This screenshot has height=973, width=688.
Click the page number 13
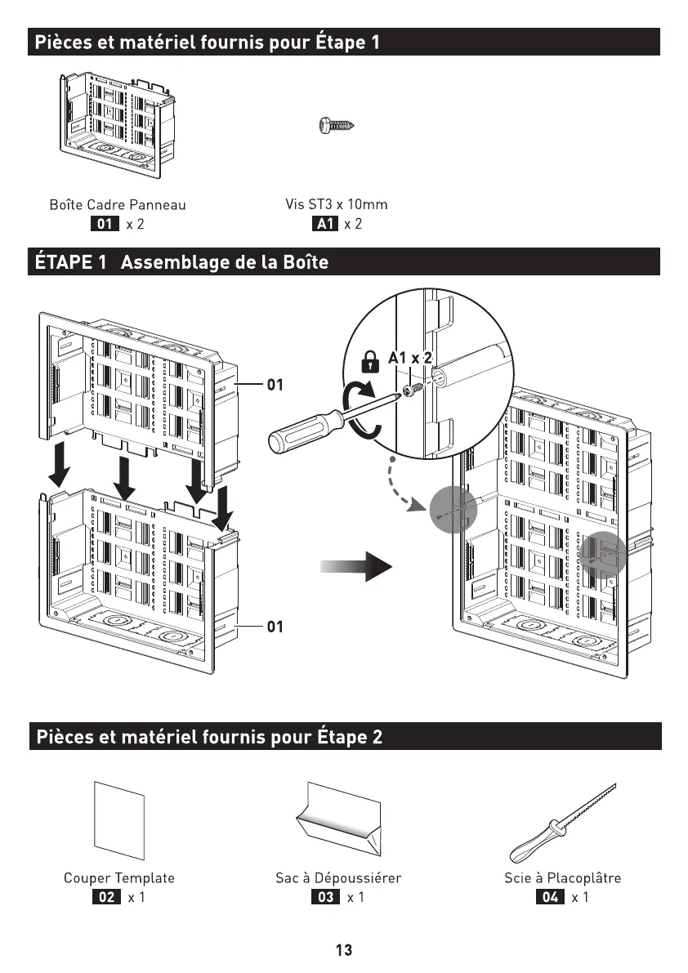[x=344, y=950]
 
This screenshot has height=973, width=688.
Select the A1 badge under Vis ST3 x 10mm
[x=325, y=224]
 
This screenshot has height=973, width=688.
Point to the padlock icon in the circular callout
[x=370, y=360]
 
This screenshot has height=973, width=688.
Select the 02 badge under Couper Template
[x=105, y=898]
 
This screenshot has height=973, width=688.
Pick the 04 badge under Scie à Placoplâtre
[x=550, y=898]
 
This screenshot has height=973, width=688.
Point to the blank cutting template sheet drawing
[x=119, y=820]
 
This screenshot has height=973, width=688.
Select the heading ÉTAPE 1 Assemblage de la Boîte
[x=180, y=263]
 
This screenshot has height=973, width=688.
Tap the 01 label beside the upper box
[x=275, y=383]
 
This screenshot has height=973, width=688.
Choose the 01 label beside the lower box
[x=275, y=627]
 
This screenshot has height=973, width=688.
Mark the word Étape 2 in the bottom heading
[x=349, y=737]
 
